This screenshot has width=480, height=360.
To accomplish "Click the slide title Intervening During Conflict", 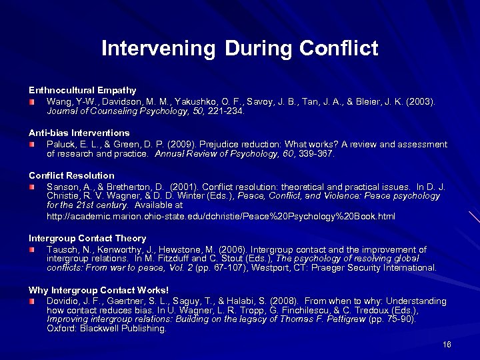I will pos(239,48).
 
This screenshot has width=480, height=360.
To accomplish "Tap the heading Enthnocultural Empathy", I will pos(82,90).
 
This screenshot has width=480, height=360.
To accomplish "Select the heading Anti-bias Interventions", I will pos(79,133).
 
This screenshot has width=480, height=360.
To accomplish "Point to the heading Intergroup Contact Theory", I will pos(87,238).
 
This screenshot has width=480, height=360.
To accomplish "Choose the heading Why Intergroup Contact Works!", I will pos(98,290).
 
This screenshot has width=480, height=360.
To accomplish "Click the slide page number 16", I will pos(447,345).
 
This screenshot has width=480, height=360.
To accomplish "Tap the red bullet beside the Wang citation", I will pos(32,101).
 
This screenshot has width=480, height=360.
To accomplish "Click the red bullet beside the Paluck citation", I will pos(32,144).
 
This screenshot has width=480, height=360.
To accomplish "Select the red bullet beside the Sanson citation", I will pos(32,187).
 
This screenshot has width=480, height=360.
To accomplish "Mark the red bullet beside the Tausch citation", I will pos(32,249).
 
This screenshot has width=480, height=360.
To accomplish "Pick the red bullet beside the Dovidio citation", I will pos(32,301).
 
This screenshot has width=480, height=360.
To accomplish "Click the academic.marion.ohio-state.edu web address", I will pos(221,217).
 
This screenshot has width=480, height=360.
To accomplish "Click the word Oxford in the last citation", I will pos(61,328).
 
